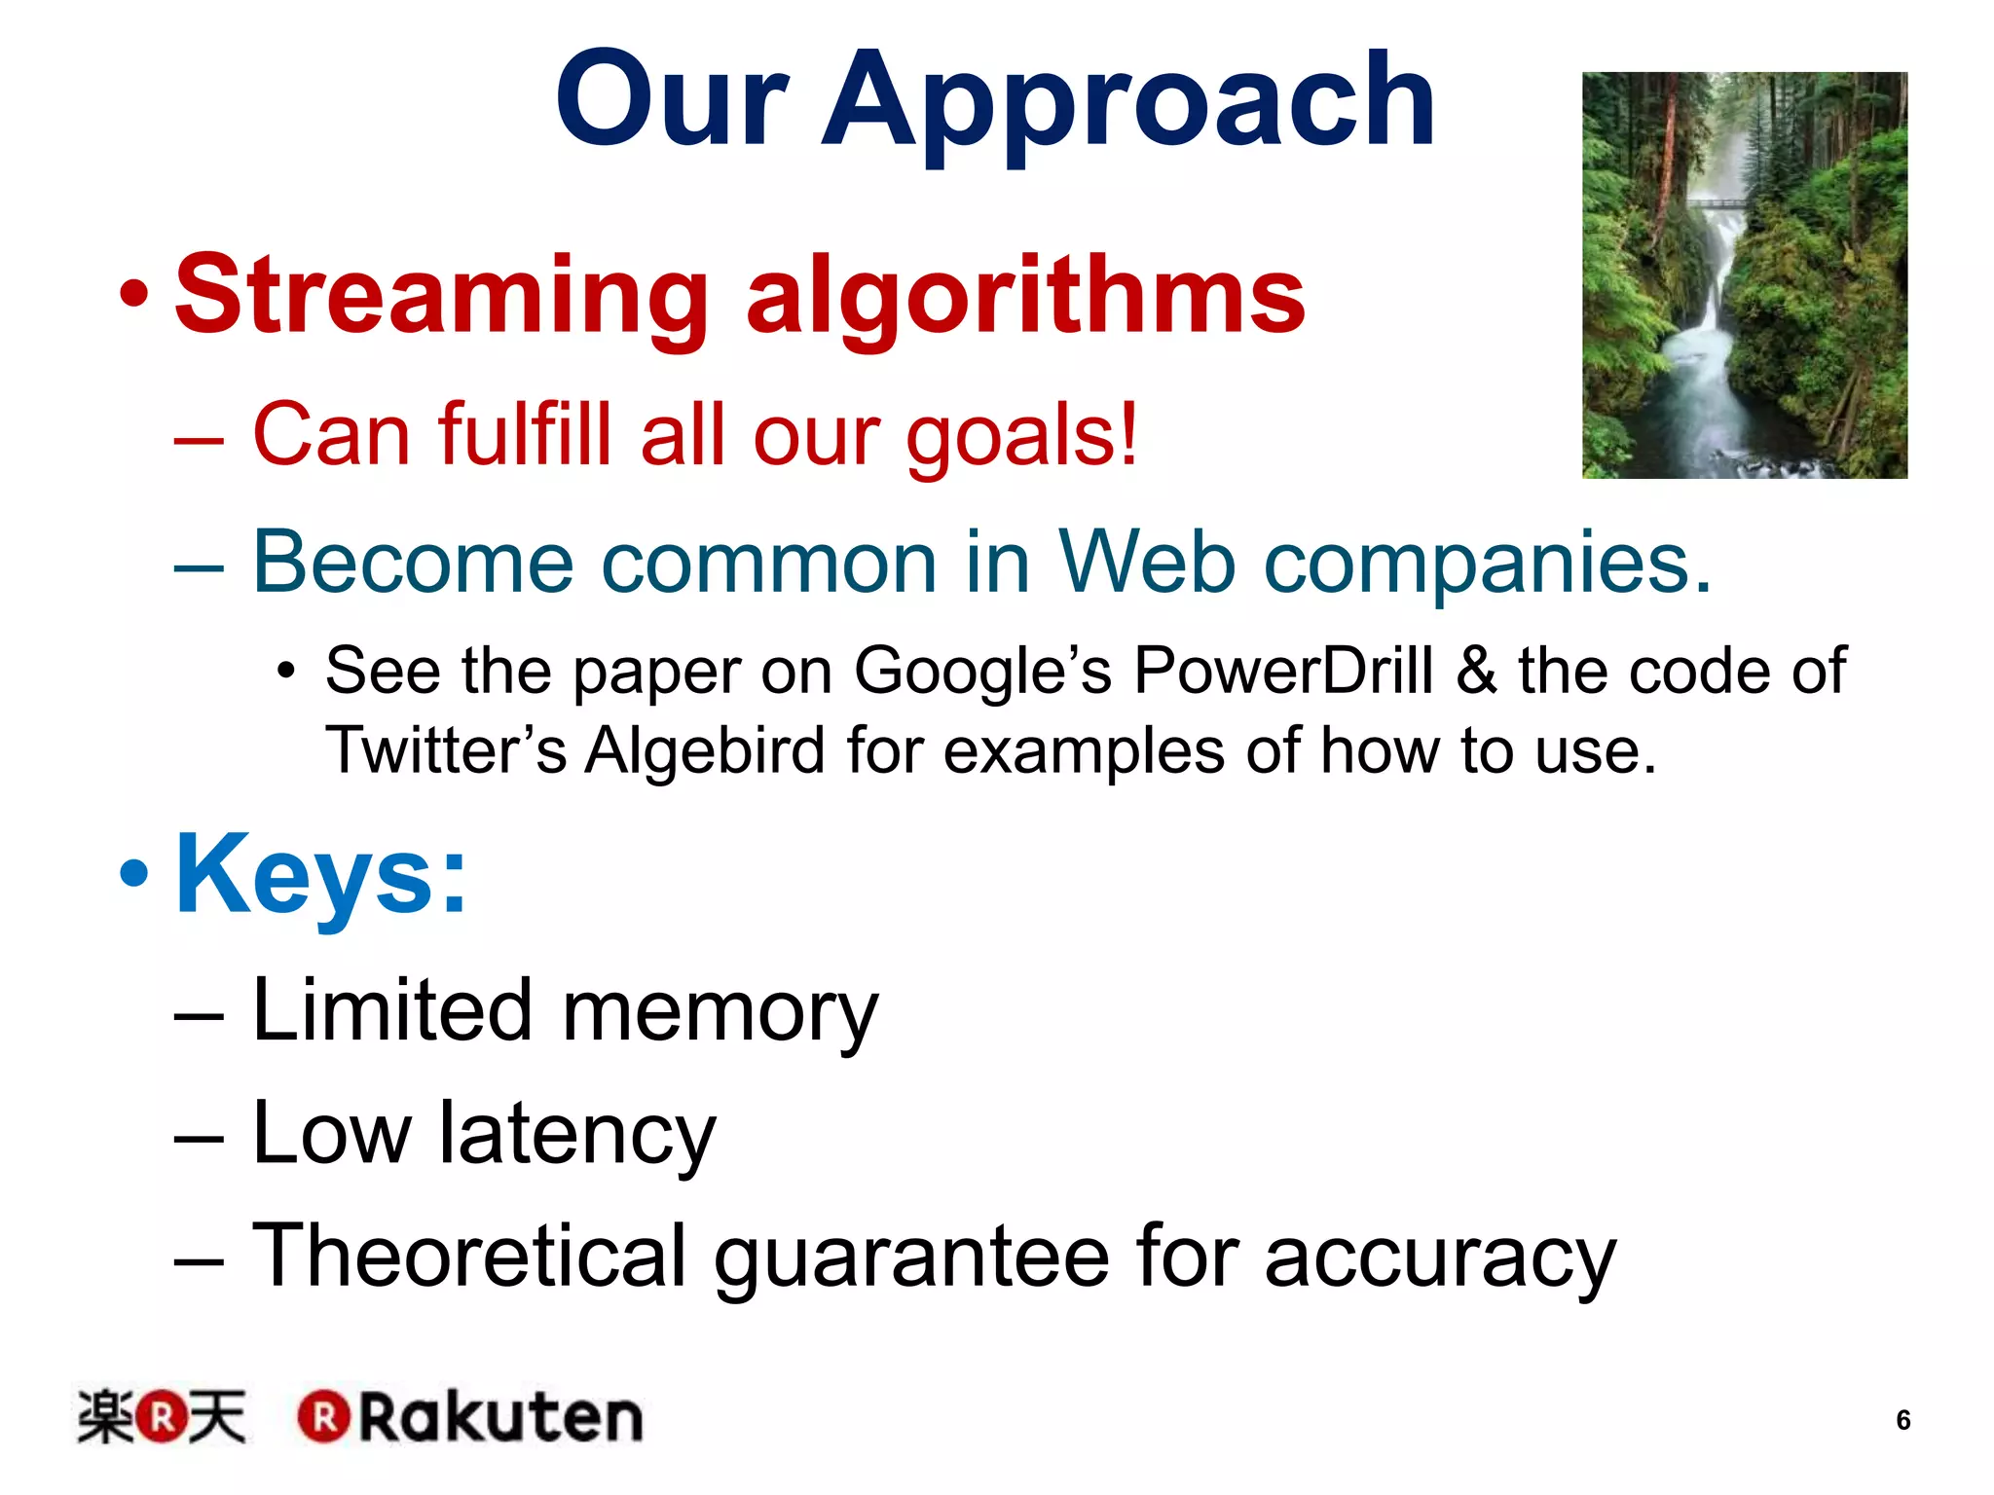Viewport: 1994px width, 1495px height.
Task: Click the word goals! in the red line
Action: [1021, 436]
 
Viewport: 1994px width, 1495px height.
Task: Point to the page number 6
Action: [1902, 1420]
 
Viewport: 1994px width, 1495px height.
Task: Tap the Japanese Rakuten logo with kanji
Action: [162, 1417]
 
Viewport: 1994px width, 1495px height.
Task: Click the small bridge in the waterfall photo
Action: [1716, 202]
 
